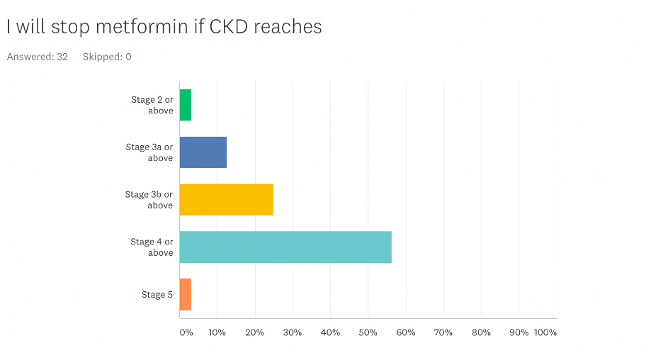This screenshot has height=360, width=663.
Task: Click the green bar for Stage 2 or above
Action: (186, 105)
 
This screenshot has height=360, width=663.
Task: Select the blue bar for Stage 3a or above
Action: (203, 152)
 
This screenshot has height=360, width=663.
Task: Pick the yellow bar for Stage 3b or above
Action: (226, 200)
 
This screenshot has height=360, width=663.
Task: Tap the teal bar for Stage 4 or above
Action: (285, 247)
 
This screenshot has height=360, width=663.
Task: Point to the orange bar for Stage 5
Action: (186, 295)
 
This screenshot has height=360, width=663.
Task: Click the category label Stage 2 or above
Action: (153, 105)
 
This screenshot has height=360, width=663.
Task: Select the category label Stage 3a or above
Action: (150, 152)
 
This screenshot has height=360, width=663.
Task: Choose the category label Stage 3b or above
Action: (149, 200)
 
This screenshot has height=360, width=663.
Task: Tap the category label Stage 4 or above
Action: (152, 247)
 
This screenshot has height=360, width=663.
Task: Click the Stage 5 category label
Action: (157, 295)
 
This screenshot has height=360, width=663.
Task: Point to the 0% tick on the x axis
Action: (186, 332)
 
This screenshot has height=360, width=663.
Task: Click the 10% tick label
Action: (217, 332)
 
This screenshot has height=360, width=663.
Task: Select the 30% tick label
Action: (293, 332)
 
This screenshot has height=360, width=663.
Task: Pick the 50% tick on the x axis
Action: (368, 332)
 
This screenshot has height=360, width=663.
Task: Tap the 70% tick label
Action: (443, 332)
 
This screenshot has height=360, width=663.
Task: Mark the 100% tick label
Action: (545, 332)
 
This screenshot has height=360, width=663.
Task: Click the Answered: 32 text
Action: (38, 57)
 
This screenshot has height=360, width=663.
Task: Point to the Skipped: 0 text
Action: (107, 57)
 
